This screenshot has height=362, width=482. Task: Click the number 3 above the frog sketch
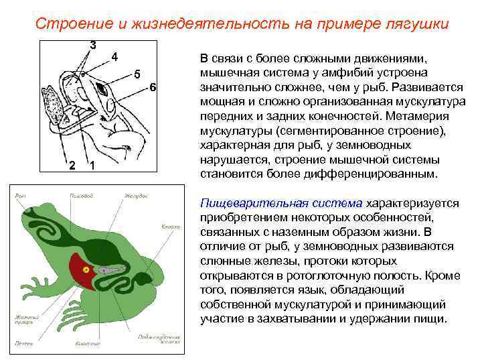coord(93,46)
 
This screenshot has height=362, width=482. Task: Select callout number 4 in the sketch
coord(115,56)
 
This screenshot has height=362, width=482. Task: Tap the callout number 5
coord(137,74)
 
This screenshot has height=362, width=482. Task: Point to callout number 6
coord(153,88)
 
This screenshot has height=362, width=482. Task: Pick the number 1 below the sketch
coord(92,166)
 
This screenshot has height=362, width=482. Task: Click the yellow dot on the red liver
coord(86,269)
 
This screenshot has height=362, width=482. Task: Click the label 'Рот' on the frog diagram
coord(20,195)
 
